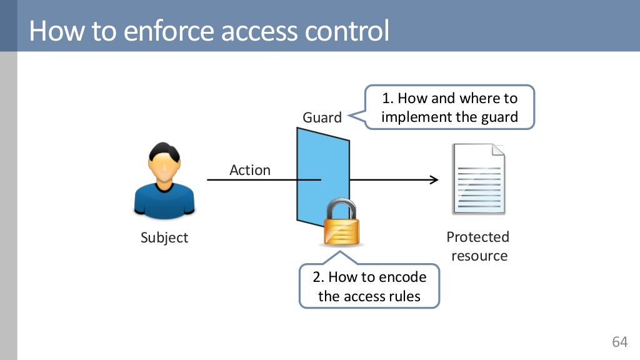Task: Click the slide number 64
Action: click(x=619, y=342)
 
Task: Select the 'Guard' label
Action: click(x=322, y=117)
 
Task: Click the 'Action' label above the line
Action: click(x=250, y=170)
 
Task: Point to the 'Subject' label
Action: click(x=164, y=238)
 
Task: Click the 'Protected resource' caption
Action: click(x=478, y=246)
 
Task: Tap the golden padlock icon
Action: click(x=341, y=229)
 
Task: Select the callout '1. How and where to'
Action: click(x=450, y=98)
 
